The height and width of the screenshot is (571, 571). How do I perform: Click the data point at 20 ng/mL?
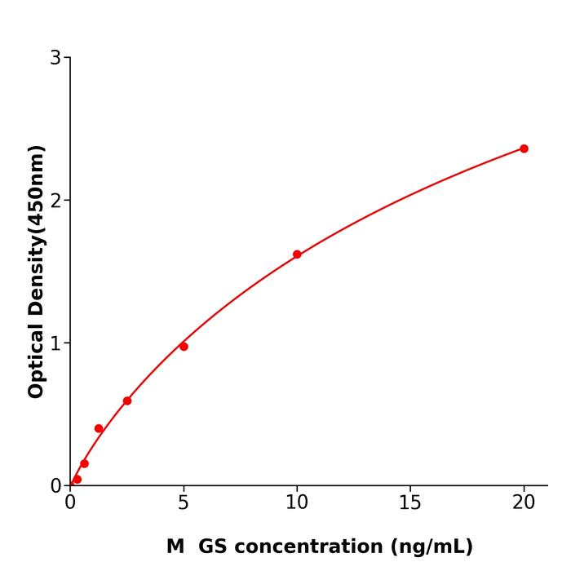[x=524, y=148]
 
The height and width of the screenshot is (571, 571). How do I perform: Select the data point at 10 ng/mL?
[x=297, y=255]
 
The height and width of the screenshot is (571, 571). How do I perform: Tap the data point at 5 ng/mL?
[x=184, y=347]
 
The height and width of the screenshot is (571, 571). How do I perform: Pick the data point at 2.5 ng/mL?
[x=127, y=401]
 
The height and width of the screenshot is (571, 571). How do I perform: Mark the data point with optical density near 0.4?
[x=99, y=428]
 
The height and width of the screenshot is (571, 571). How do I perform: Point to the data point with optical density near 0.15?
[x=84, y=463]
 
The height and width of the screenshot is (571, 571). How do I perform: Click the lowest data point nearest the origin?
[x=77, y=480]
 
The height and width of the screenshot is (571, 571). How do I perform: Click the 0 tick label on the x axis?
[x=70, y=503]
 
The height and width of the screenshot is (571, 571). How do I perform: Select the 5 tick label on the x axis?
[x=184, y=503]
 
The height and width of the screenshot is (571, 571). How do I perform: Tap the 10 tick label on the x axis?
[x=297, y=503]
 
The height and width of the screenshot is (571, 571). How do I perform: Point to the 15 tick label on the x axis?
[x=410, y=503]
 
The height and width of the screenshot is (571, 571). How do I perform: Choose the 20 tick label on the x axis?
[x=524, y=503]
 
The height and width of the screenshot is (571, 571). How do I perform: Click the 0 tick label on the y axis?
[x=55, y=486]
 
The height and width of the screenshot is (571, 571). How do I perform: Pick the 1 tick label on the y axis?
[x=55, y=343]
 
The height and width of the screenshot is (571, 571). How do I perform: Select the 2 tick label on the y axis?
[x=55, y=201]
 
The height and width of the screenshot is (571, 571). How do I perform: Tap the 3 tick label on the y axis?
[x=55, y=58]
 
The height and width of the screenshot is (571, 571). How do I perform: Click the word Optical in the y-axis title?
[x=36, y=360]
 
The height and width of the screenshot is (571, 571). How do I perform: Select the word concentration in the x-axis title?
[x=310, y=547]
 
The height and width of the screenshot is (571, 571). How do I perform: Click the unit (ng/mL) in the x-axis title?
[x=432, y=547]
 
